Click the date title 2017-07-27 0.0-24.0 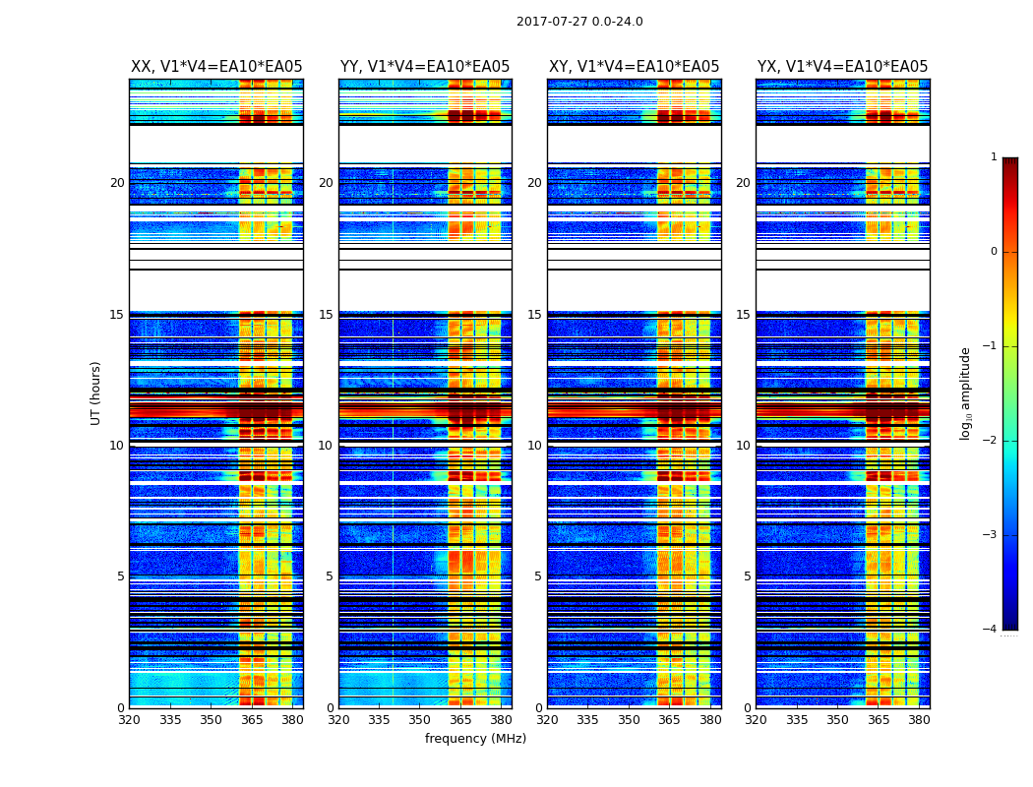click(x=579, y=22)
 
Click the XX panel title click(x=216, y=67)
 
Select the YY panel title click(x=425, y=67)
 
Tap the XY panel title click(x=634, y=67)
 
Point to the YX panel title click(x=842, y=67)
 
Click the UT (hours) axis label click(x=95, y=393)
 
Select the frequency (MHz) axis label click(x=475, y=739)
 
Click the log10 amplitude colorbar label click(x=966, y=393)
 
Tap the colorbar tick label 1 click(x=993, y=157)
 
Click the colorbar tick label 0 click(x=993, y=252)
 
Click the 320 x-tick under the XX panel click(x=129, y=720)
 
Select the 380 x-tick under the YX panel click(x=919, y=720)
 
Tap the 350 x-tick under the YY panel click(x=420, y=720)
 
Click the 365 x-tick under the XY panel click(x=669, y=720)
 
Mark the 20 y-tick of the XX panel click(x=117, y=183)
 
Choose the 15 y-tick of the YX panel click(x=744, y=315)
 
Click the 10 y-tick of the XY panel click(x=535, y=446)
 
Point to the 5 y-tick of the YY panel click(x=330, y=576)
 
